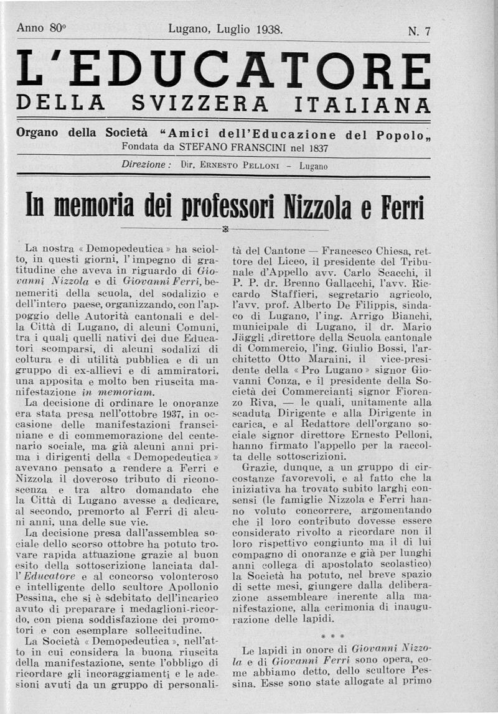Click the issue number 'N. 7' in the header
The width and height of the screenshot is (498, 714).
point(419,32)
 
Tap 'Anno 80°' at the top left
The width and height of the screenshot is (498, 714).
point(41,28)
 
